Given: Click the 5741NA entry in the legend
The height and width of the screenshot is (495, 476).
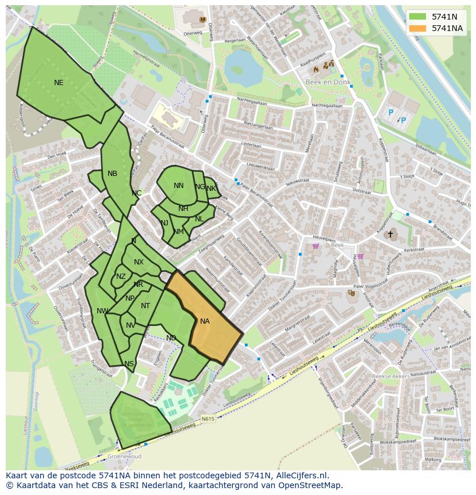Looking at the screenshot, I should coord(447,28).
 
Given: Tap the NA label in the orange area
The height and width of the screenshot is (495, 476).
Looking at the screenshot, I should coord(205,321).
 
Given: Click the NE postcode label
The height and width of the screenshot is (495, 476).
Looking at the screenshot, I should coord(59,83).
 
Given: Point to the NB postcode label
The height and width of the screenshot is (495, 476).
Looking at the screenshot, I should coord(112,174).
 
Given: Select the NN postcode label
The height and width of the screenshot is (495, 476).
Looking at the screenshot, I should coord(179,186).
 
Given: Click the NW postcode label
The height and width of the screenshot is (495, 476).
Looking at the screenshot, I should coord(102,311).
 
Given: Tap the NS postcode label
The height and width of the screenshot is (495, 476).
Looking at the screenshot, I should coord(129,364).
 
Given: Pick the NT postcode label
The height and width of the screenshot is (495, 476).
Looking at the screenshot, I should coord(145,306).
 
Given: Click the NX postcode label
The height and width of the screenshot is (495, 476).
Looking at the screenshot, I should coord(139,262).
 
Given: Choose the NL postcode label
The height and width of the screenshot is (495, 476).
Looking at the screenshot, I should coord(199,219).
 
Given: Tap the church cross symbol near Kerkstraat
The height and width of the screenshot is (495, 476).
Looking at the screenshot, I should coord(390,235).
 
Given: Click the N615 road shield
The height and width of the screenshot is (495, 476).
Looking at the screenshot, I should coord(208,419).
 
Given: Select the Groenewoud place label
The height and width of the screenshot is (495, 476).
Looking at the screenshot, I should coord(125,456).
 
